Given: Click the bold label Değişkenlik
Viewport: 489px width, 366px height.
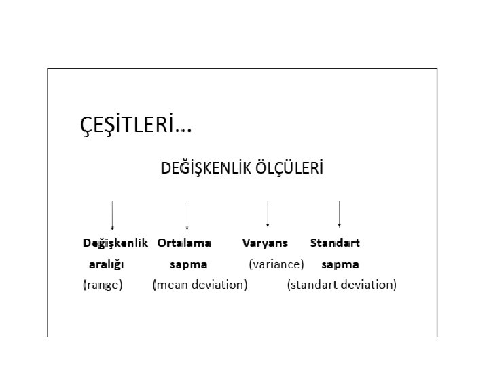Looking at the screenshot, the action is click(115, 243).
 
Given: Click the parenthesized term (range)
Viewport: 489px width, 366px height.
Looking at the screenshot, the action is click(103, 285).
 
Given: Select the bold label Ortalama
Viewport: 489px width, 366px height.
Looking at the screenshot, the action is click(184, 243).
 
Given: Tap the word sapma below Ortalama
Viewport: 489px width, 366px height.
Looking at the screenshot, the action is click(188, 264).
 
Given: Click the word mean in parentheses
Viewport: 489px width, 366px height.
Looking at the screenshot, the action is click(173, 285).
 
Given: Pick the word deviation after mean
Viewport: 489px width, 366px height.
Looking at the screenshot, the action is click(219, 285).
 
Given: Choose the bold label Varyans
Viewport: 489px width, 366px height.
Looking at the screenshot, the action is click(265, 243).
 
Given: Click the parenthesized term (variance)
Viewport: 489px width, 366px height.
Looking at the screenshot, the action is click(276, 264).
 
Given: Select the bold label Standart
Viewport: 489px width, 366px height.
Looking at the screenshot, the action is click(335, 243).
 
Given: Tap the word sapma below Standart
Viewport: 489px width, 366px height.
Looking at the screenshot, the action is click(340, 264).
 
